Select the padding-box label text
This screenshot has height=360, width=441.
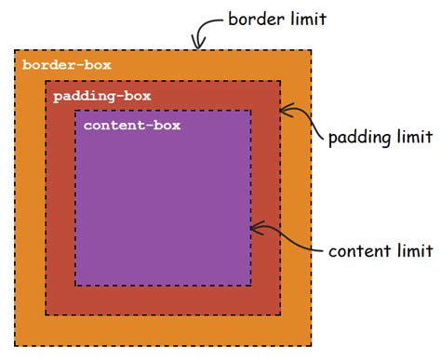click(x=101, y=95)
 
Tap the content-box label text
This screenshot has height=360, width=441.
click(x=131, y=125)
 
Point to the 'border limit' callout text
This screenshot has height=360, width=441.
click(x=276, y=18)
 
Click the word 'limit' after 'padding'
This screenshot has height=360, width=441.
click(x=416, y=138)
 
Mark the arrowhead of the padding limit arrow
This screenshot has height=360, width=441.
click(x=283, y=112)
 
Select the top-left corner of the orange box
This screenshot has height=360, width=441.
click(x=14, y=50)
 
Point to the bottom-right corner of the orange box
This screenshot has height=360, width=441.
click(x=311, y=345)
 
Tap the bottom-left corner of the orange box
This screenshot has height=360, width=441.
click(x=14, y=345)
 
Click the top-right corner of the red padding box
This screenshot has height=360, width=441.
click(x=280, y=81)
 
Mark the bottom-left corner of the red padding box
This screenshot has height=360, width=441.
click(x=45, y=314)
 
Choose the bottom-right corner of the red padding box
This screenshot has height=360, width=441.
click(x=280, y=314)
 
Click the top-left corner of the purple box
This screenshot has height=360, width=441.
click(x=75, y=111)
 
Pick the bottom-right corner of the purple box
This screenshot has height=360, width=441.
click(x=250, y=285)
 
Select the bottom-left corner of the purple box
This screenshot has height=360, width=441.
click(x=75, y=285)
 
